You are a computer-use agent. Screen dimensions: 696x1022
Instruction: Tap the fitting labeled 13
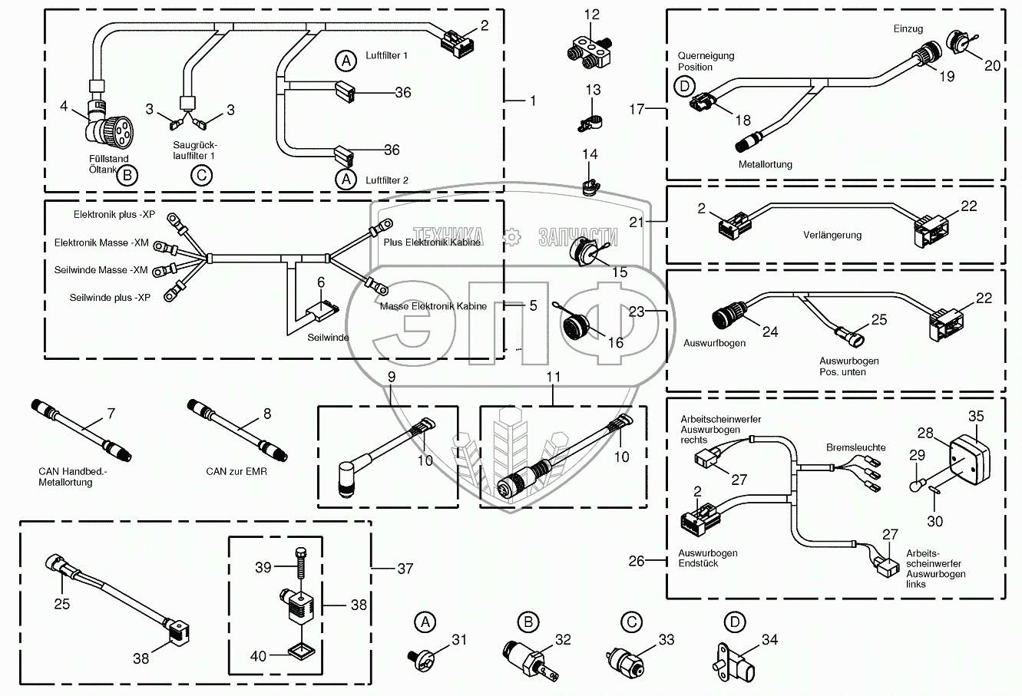point(590,120)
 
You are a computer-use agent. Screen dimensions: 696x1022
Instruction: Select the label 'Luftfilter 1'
point(386,56)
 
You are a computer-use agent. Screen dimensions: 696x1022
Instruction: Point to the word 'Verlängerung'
point(832,236)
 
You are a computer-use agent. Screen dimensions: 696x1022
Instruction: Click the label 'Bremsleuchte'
point(855,447)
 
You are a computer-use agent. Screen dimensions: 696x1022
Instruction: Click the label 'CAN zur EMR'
point(236,471)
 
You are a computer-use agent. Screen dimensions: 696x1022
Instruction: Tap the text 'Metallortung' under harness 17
point(765,164)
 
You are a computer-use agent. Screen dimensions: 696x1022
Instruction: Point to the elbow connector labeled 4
point(105,124)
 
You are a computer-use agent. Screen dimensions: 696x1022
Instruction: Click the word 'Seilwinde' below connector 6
point(328,338)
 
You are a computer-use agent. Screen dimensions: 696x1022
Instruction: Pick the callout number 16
point(616,343)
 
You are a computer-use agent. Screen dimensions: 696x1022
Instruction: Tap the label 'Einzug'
point(908,29)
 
